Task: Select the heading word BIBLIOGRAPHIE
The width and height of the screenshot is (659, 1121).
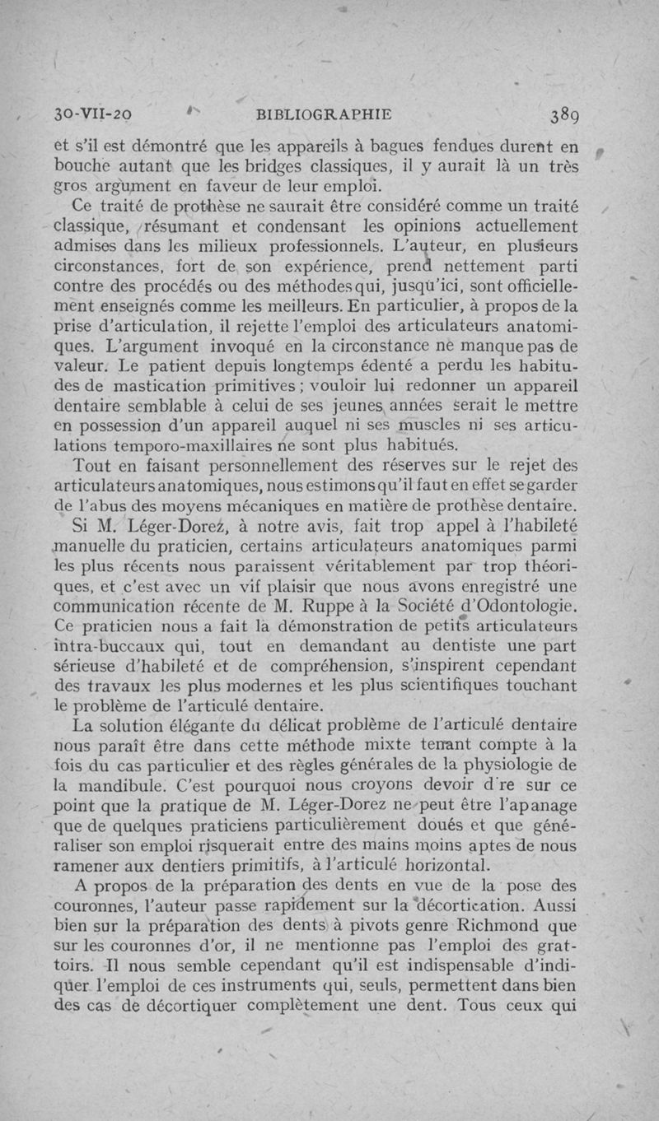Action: tap(325, 115)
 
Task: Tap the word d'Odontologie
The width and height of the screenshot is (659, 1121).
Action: tap(540, 607)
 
